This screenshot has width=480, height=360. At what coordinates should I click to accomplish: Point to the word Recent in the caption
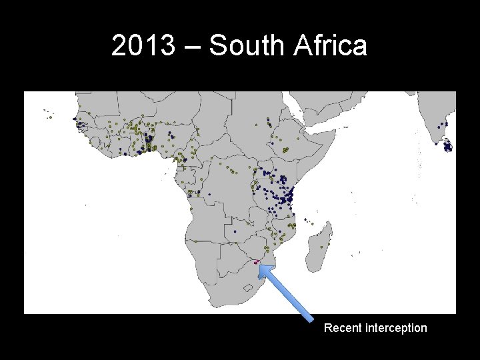point(343,328)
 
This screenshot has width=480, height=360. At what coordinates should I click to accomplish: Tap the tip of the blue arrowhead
point(260,265)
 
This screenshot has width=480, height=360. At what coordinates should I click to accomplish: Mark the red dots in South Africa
point(255,261)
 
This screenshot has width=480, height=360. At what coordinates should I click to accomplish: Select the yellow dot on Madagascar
point(322,247)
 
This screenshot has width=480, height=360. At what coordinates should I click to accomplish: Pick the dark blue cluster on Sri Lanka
point(449,145)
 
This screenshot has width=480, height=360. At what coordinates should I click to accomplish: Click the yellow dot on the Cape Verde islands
point(50,118)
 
